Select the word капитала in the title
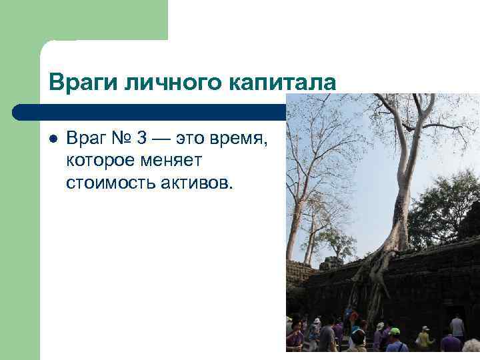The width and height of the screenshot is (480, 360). pyautogui.click(x=283, y=83)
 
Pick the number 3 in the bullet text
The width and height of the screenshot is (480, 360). pyautogui.click(x=141, y=140)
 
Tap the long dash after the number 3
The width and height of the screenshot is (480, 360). pyautogui.click(x=163, y=140)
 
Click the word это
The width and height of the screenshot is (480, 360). pyautogui.click(x=190, y=140)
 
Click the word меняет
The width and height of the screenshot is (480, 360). pyautogui.click(x=173, y=161)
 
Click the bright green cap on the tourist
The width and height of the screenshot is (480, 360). pyautogui.click(x=395, y=331)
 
